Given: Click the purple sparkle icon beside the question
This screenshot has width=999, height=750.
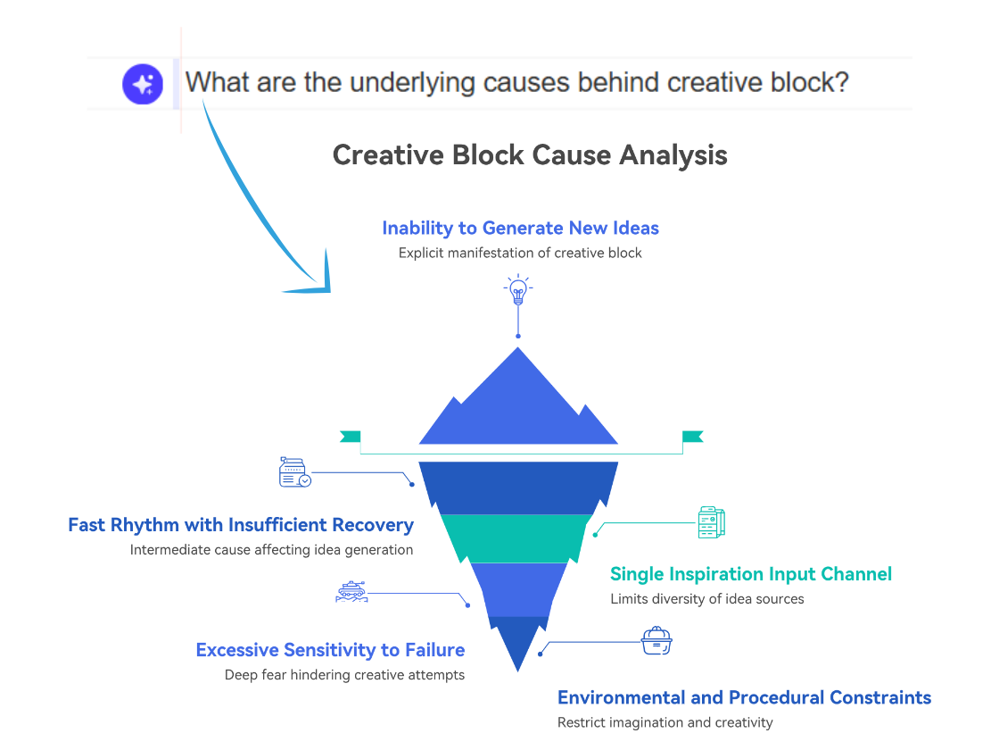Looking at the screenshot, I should tap(143, 85).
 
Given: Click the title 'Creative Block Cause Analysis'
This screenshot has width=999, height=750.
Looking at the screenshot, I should tap(530, 155).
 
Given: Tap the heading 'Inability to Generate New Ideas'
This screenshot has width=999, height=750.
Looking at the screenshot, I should tap(520, 228).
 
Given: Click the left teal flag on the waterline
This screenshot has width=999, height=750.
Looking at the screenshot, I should tap(350, 437).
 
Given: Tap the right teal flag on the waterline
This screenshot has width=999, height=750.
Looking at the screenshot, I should tap(692, 437).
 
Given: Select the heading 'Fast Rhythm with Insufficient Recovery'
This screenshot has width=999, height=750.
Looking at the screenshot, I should tap(241, 525).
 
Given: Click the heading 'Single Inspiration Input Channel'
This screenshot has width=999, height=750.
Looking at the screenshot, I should tap(751, 574).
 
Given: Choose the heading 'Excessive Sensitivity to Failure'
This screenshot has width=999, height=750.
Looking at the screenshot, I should tap(330, 650).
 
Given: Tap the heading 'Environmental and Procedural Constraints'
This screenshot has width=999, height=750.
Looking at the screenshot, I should tap(744, 697).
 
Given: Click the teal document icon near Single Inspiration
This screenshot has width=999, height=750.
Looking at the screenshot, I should tap(712, 522).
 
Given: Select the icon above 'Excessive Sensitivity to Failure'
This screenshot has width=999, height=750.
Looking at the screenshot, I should tap(351, 591).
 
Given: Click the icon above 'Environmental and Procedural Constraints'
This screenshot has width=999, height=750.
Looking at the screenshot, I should tap(656, 641).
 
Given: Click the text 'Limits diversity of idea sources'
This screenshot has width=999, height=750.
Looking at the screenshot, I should tap(707, 599).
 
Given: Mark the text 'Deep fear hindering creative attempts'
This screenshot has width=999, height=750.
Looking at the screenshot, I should tap(344, 675).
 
